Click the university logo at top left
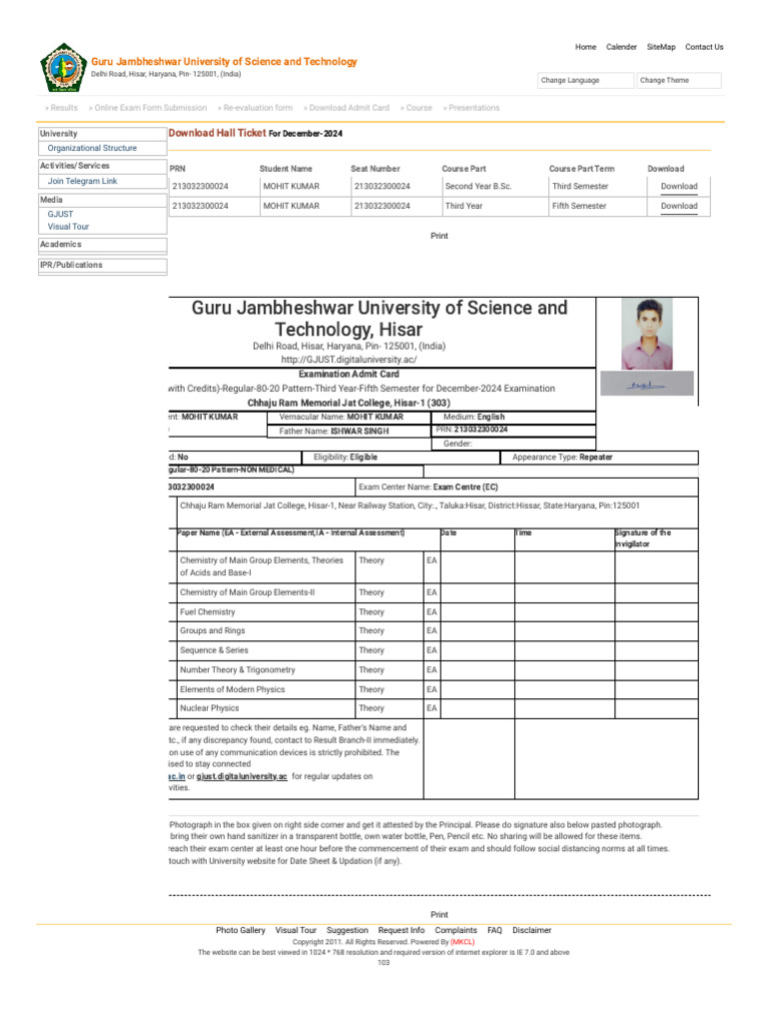tap(63, 68)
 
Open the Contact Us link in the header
tap(704, 47)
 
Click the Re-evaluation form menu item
tap(255, 108)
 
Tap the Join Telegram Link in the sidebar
tap(82, 182)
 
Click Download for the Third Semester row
tap(679, 187)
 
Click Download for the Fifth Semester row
tap(679, 207)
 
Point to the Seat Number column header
tap(376, 169)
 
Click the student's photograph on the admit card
tap(647, 335)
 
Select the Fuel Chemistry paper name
tap(208, 611)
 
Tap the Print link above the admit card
tap(439, 236)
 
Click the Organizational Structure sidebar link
tap(92, 148)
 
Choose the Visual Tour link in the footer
tap(296, 930)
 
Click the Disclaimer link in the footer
tap(531, 930)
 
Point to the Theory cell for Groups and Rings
tap(372, 631)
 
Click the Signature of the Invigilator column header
tap(643, 538)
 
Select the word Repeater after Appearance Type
tap(593, 457)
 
